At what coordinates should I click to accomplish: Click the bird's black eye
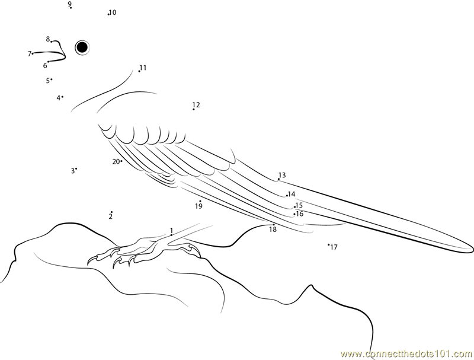[x=82, y=47]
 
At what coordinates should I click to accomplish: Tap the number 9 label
[x=69, y=4]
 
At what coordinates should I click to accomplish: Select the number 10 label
[x=113, y=12]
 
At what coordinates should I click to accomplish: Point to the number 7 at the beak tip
[x=30, y=54]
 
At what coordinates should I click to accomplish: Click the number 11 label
[x=143, y=68]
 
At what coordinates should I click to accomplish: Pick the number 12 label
[x=196, y=104]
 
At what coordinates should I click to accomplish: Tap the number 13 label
[x=282, y=175]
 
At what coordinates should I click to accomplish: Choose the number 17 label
[x=334, y=247]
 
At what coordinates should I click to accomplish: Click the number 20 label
[x=116, y=162]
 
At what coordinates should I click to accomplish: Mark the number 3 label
[x=73, y=171]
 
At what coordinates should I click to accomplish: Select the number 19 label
[x=198, y=206]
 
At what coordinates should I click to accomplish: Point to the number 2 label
[x=111, y=216]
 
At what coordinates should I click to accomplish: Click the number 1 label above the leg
[x=171, y=231]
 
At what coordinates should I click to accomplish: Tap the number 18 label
[x=273, y=230]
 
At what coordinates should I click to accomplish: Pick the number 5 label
[x=48, y=81]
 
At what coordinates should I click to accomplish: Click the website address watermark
[x=407, y=353]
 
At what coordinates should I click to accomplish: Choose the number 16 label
[x=300, y=214]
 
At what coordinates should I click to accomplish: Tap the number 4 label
[x=58, y=98]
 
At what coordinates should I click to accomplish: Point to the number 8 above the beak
[x=48, y=39]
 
